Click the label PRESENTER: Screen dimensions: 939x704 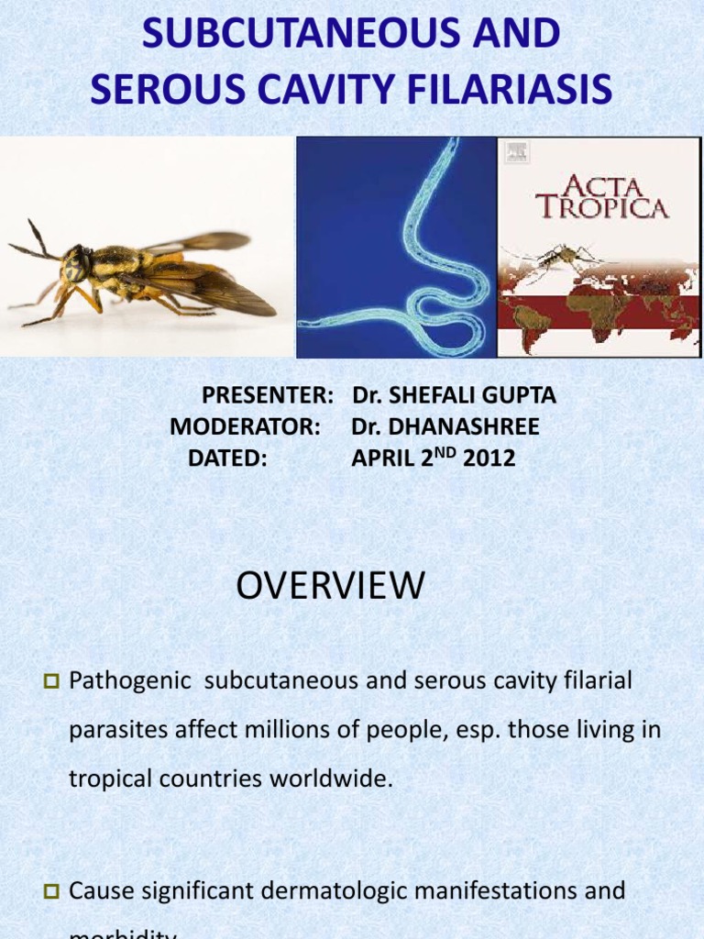click(x=268, y=396)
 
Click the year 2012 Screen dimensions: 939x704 click(x=489, y=458)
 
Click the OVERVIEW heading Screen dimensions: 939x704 click(x=330, y=586)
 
